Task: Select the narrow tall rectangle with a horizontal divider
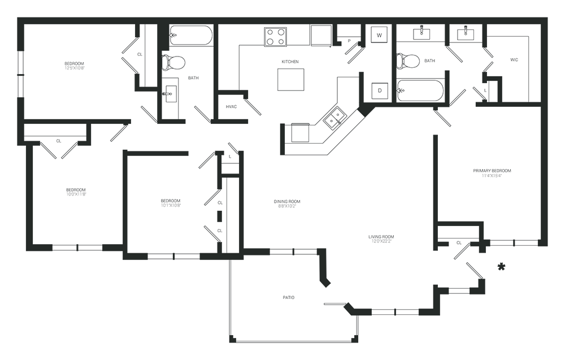pos(231,203)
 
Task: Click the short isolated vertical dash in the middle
pos(283,138)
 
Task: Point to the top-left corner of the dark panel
pos(18,18)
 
